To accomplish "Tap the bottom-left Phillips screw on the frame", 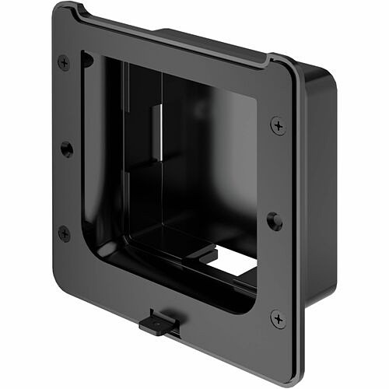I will coord(64,233).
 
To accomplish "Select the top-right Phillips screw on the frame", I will coord(277,125).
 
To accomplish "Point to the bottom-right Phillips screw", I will coord(278,318).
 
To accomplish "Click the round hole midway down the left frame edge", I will coord(67,148).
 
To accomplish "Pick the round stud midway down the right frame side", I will coord(274,221).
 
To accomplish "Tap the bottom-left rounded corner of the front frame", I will coord(58,277).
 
